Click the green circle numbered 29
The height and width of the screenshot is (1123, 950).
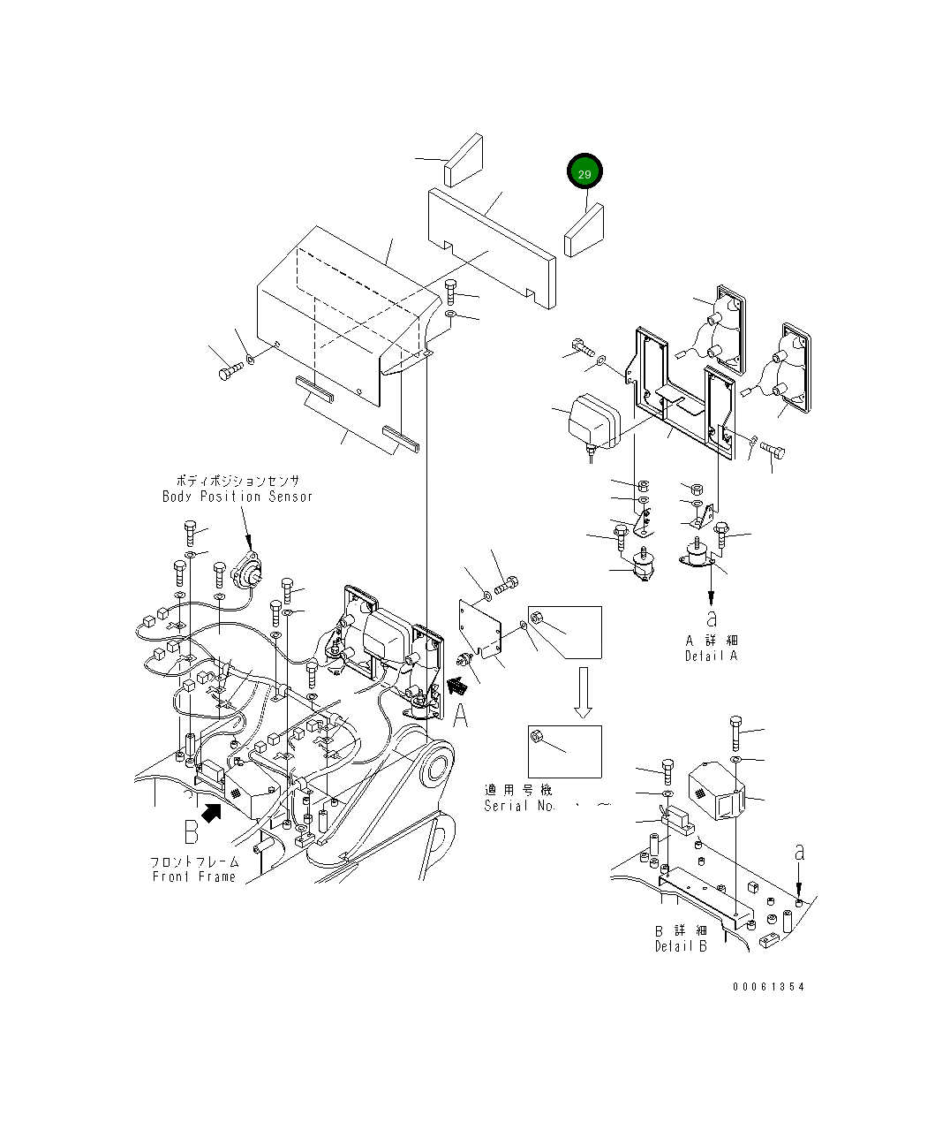tap(584, 174)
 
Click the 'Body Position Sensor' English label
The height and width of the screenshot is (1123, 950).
tap(237, 497)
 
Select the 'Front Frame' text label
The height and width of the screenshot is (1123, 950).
tap(194, 876)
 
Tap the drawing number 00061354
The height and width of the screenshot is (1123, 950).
tap(768, 987)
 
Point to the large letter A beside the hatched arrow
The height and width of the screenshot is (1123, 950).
tap(461, 715)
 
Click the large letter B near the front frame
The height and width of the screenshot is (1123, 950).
tap(192, 832)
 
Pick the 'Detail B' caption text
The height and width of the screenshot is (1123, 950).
tap(681, 946)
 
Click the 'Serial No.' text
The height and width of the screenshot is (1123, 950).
tap(519, 806)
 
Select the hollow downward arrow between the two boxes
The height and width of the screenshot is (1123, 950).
tap(582, 692)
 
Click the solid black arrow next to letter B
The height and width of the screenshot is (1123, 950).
tap(212, 810)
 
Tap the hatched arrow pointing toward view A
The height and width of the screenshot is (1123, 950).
tap(456, 685)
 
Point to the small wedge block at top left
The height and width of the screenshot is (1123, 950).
tap(464, 160)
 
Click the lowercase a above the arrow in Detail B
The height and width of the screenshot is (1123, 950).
tap(799, 853)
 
